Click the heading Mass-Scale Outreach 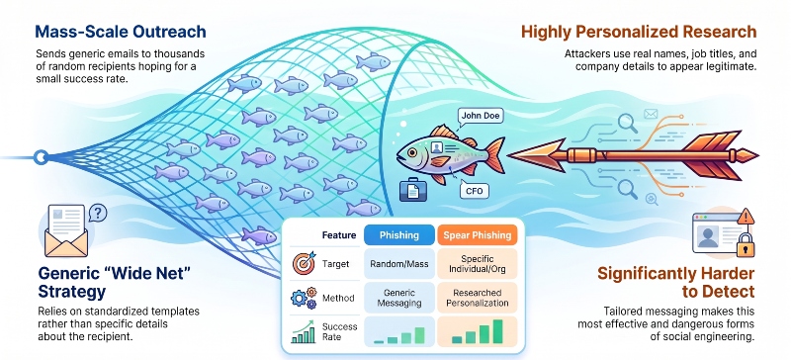(x=121, y=32)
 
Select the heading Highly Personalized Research (x=639, y=33)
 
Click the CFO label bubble (x=475, y=191)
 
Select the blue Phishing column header (x=399, y=235)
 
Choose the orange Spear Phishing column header (x=478, y=235)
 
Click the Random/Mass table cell (x=399, y=263)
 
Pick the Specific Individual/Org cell (x=478, y=263)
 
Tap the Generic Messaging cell (x=399, y=298)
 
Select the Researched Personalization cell (x=478, y=298)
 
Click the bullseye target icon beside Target (x=305, y=263)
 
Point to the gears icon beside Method (x=304, y=298)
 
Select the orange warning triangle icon (x=746, y=217)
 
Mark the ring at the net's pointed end (x=41, y=157)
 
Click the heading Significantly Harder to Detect (x=676, y=283)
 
